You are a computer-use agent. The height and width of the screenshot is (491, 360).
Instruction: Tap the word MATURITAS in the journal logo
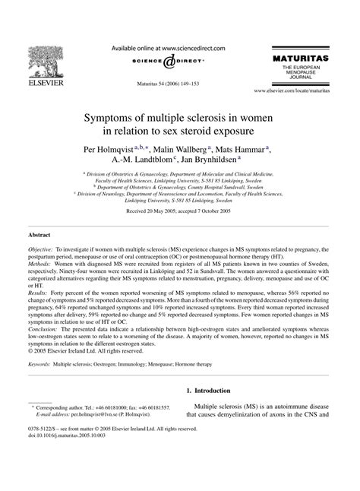308,59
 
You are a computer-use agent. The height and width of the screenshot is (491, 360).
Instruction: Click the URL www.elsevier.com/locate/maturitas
298,90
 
